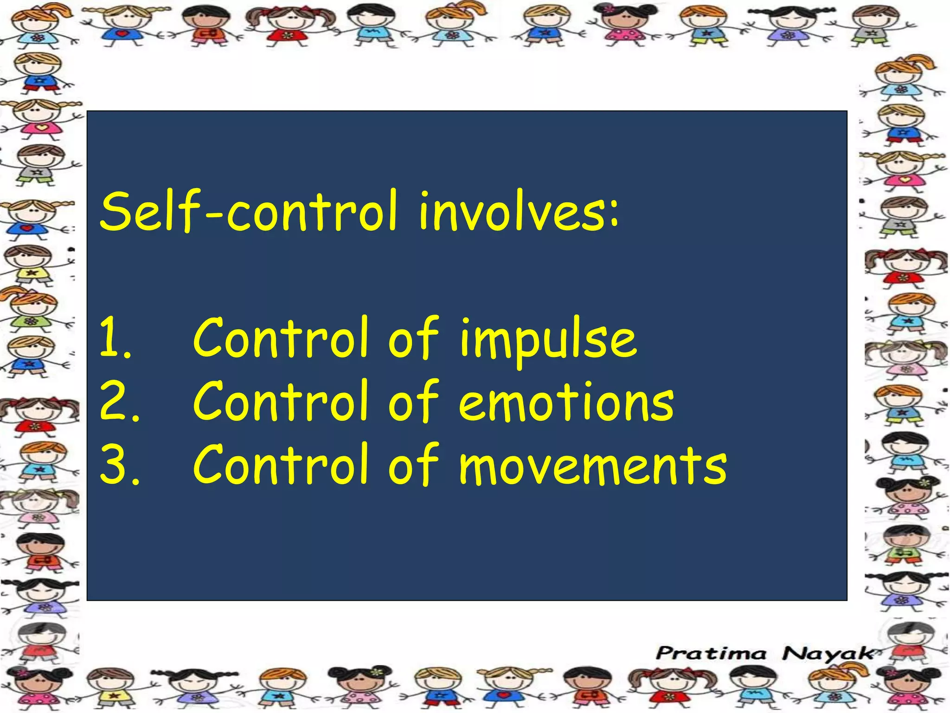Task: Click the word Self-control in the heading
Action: tap(249, 211)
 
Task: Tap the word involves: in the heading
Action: tap(519, 211)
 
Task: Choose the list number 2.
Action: tap(118, 401)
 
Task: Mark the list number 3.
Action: tap(118, 465)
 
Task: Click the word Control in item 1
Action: tap(281, 338)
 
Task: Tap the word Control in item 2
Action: tap(281, 401)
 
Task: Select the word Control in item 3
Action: tap(281, 465)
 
